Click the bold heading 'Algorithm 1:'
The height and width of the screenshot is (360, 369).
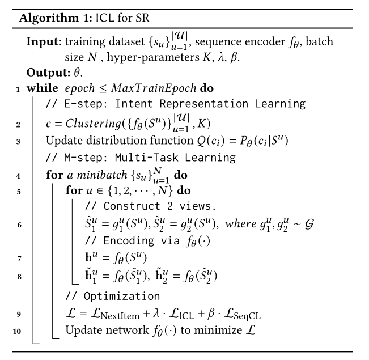(x=56, y=18)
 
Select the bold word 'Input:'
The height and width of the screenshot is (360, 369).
(x=44, y=42)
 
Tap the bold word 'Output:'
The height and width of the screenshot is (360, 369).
(x=48, y=73)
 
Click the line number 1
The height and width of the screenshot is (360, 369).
(x=18, y=89)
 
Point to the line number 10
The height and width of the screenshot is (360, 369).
(x=17, y=331)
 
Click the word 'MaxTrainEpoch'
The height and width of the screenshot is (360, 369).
(x=154, y=88)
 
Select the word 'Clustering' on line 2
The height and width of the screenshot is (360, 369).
(x=93, y=124)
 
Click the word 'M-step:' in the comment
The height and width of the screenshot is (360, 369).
(x=86, y=158)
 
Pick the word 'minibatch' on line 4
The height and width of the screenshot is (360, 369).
(x=102, y=175)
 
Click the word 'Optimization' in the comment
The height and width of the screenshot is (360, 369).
(x=122, y=296)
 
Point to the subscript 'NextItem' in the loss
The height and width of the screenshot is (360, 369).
(x=120, y=316)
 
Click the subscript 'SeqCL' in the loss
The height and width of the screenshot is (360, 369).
(x=247, y=316)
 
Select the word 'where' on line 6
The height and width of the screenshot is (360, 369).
(x=240, y=224)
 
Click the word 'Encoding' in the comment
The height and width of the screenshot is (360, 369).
(x=129, y=241)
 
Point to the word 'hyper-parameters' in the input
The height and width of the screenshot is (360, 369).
(x=153, y=57)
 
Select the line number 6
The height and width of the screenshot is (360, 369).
(x=19, y=225)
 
